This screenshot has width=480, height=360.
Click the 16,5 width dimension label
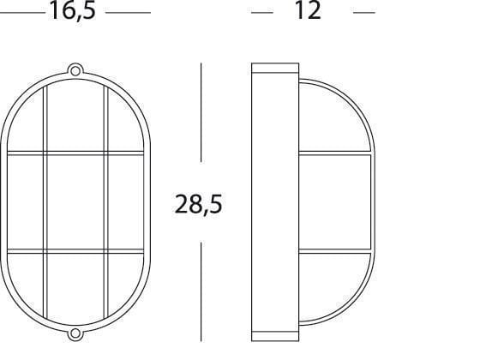point(72,11)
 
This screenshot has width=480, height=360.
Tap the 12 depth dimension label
point(308,10)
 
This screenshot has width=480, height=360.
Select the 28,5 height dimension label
point(198,204)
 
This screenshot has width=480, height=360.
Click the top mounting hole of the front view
point(75,70)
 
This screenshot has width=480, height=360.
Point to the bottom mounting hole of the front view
point(75,333)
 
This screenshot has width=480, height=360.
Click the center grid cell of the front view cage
point(75,202)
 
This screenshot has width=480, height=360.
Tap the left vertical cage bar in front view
point(45,202)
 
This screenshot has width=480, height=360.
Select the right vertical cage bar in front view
point(106,202)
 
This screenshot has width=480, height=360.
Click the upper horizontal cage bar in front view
point(75,153)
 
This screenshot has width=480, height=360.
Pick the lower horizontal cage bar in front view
point(75,251)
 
